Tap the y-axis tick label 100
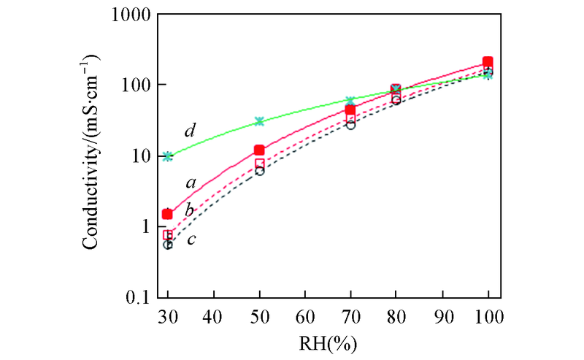point(136,85)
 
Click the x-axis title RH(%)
point(328,342)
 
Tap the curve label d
point(190,131)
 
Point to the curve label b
point(189,210)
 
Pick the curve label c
point(191,239)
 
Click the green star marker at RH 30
point(168,156)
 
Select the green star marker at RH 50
point(259,121)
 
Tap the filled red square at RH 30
point(168,214)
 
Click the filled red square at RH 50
point(259,150)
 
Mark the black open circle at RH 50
point(259,171)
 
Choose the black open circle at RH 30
point(168,245)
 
